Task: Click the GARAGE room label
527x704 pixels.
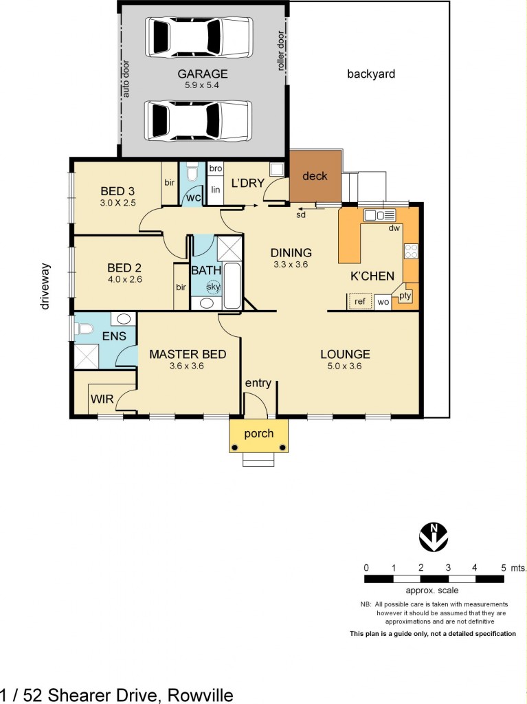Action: point(202,74)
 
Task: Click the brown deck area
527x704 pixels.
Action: point(315,177)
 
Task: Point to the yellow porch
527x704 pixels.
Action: point(258,434)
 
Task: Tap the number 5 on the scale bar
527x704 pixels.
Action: point(503,568)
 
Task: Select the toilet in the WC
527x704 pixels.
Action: point(191,173)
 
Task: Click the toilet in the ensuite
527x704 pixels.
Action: point(85,329)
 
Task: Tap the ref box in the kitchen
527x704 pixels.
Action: point(359,301)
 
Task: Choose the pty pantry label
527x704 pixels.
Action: point(405,296)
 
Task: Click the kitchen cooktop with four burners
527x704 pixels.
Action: point(411,251)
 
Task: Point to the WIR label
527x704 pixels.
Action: point(101,398)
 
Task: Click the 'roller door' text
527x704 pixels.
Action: point(281,50)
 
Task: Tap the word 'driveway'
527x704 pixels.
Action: point(46,286)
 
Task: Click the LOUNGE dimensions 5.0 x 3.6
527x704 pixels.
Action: point(345,366)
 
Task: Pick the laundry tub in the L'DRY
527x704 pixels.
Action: point(276,170)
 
